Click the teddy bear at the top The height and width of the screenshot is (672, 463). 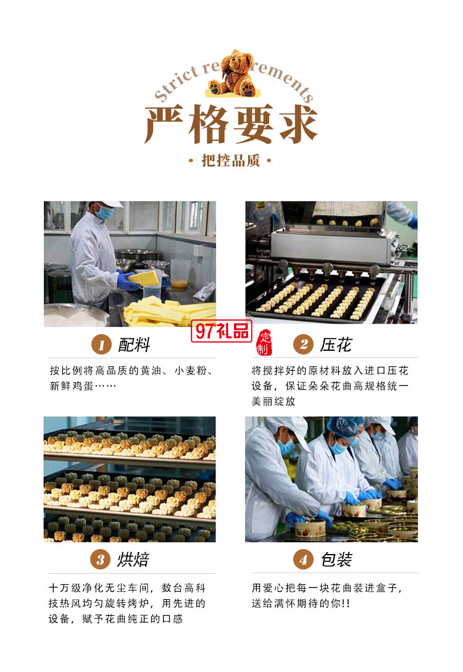click(x=232, y=72)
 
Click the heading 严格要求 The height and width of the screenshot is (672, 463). click(x=231, y=125)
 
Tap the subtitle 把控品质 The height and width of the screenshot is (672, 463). click(x=231, y=162)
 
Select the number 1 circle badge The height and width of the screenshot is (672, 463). click(x=101, y=344)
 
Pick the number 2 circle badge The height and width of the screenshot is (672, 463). click(x=302, y=344)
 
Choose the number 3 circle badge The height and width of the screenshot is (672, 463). click(x=101, y=560)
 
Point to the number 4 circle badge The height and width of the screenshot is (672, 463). click(x=302, y=560)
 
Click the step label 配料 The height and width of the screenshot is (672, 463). click(x=134, y=345)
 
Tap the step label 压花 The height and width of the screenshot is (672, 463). click(x=336, y=345)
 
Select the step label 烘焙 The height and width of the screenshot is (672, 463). click(x=133, y=560)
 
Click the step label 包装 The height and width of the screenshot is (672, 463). click(x=336, y=560)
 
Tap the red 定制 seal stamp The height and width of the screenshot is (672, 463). click(x=264, y=343)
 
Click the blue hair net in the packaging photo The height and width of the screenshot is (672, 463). click(x=341, y=426)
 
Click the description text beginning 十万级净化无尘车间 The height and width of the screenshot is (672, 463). click(x=127, y=602)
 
